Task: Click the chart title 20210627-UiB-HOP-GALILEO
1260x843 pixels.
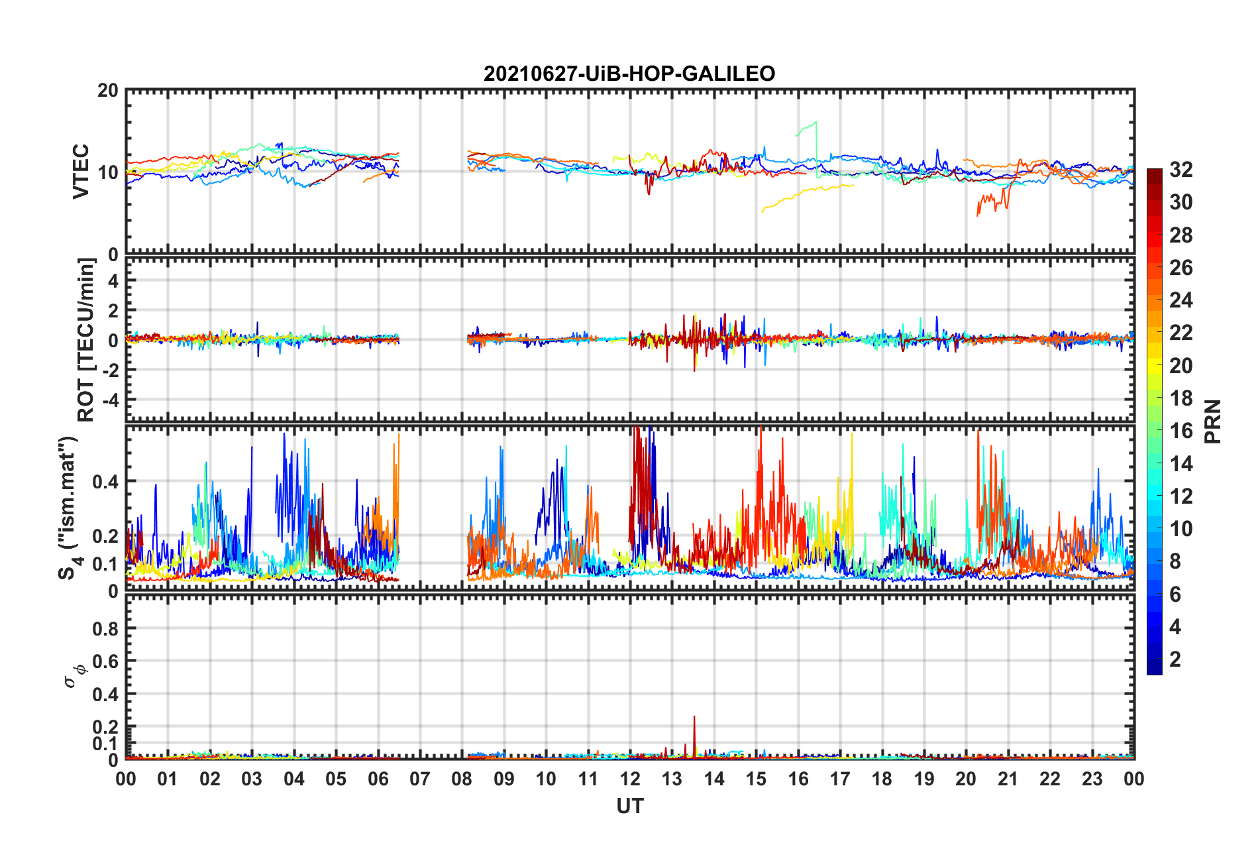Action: coord(629,74)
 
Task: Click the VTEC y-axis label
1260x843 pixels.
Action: coord(81,171)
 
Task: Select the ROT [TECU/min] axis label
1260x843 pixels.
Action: coord(86,340)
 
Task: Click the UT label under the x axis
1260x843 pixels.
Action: coord(629,806)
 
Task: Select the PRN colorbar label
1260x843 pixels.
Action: coord(1212,421)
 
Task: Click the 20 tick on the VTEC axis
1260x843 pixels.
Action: coord(108,91)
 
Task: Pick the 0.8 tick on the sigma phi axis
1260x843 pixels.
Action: coord(107,628)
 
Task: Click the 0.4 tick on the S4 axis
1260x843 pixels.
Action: coord(106,482)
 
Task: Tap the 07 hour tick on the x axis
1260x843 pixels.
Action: coord(420,779)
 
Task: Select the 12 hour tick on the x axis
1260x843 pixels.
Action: coord(630,779)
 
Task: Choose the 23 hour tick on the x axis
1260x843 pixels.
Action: coord(1092,779)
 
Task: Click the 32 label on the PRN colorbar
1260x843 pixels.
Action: coord(1181,170)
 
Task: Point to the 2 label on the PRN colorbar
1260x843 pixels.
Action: coord(1175,659)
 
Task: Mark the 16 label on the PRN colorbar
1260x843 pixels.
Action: coord(1181,431)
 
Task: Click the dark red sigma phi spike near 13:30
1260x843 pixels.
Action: coord(694,729)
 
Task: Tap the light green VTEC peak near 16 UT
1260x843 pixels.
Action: coord(815,123)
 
